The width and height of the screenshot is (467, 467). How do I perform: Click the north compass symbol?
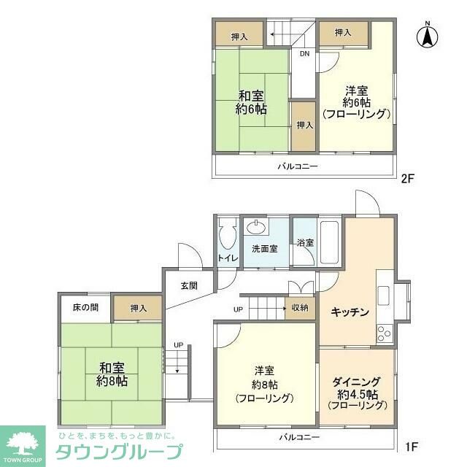[x=428, y=36]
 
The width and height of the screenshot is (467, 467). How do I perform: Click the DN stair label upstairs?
[x=304, y=53]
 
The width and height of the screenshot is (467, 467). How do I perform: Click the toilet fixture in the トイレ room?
[x=226, y=237]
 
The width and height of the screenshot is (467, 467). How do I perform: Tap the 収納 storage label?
[x=300, y=308]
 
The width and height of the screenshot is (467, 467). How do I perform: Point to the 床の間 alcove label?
[x=85, y=308]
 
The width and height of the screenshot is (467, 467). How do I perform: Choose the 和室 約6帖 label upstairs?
[x=250, y=101]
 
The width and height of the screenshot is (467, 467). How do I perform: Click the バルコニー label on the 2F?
[x=298, y=166]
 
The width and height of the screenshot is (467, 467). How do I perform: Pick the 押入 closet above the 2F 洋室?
[x=343, y=33]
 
